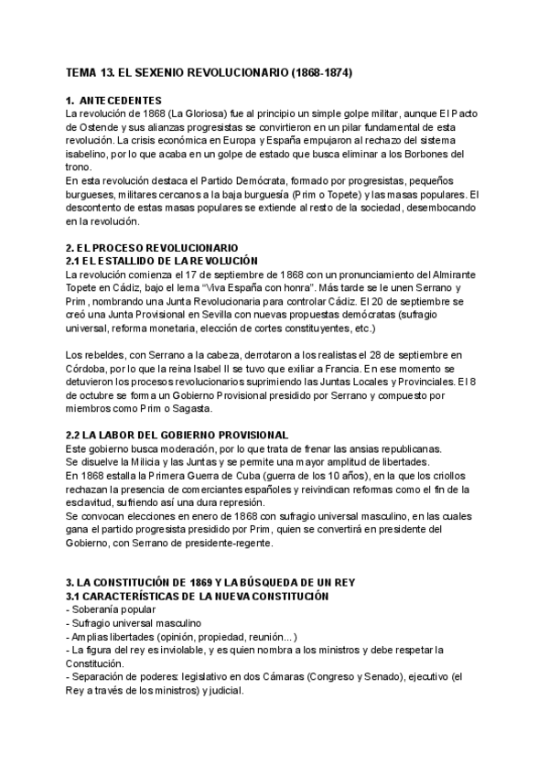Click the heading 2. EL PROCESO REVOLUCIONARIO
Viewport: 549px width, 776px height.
[x=152, y=248]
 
